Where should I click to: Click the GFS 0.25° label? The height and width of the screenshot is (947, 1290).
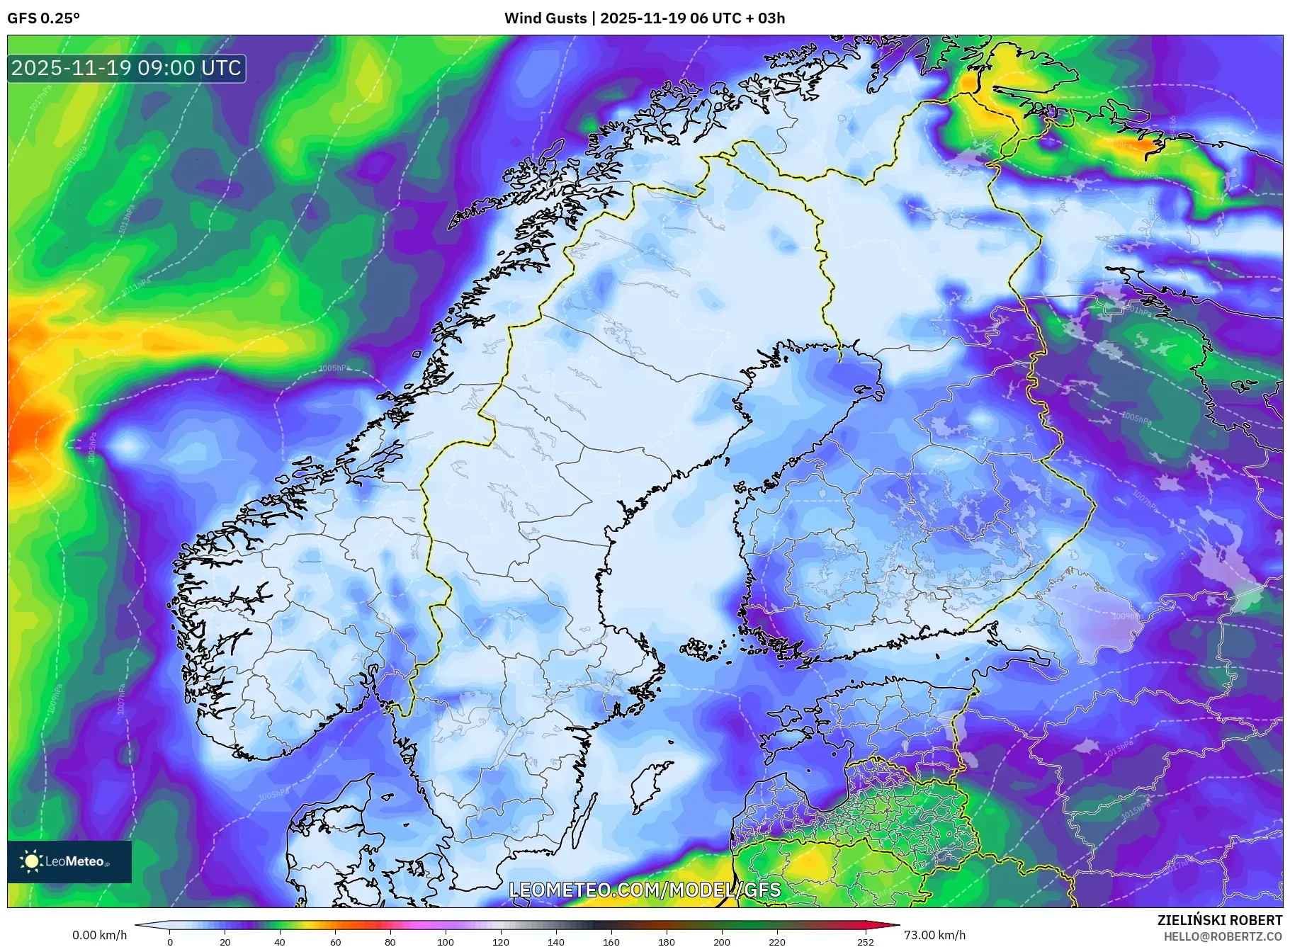[x=43, y=18]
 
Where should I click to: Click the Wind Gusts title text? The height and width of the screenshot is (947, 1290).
[x=644, y=18]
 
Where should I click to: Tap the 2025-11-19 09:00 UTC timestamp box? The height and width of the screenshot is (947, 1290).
[x=127, y=68]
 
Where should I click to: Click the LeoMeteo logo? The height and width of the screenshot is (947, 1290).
[x=69, y=861]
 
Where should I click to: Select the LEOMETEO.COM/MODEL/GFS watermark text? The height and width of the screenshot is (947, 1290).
[x=645, y=890]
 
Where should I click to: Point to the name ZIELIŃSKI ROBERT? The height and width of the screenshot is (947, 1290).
[x=1219, y=920]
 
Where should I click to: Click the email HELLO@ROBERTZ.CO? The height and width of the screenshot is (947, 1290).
[x=1222, y=936]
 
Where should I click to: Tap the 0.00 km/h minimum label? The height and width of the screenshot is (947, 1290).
[x=100, y=935]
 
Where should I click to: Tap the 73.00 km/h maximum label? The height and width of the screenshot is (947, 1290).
[x=934, y=935]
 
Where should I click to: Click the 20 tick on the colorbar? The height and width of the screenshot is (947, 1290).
[x=225, y=941]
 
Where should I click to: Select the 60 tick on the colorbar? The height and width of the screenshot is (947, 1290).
[x=335, y=941]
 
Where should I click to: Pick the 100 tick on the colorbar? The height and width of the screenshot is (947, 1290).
[x=445, y=941]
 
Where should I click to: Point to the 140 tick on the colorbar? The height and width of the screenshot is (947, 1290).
[x=556, y=941]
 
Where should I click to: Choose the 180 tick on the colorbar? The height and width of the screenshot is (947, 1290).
[x=666, y=941]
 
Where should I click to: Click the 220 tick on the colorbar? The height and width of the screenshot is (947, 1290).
[x=776, y=941]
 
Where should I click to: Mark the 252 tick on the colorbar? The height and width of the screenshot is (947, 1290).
[x=865, y=941]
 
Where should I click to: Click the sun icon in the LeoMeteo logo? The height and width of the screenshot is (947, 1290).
[x=32, y=861]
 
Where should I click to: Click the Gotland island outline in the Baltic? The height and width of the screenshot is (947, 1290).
[x=652, y=786]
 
